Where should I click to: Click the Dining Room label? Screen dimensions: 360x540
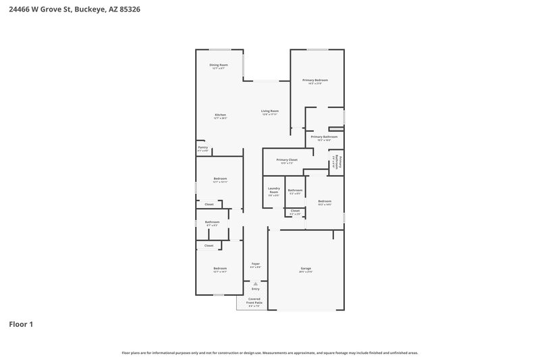pyautogui.click(x=219, y=66)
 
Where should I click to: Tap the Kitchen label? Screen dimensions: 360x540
pyautogui.click(x=220, y=115)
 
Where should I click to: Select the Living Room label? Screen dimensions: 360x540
pyautogui.click(x=270, y=111)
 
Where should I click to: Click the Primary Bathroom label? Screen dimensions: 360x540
pyautogui.click(x=324, y=137)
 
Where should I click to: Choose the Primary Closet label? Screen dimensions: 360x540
pyautogui.click(x=286, y=160)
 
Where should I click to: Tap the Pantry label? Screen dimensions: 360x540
pyautogui.click(x=202, y=147)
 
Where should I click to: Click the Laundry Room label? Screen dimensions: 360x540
pyautogui.click(x=273, y=190)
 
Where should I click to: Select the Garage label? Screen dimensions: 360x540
pyautogui.click(x=306, y=269)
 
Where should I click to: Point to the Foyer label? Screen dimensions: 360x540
pyautogui.click(x=255, y=264)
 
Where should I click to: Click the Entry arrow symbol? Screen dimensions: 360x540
pyautogui.click(x=255, y=284)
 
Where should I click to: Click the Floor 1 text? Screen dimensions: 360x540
pyautogui.click(x=21, y=324)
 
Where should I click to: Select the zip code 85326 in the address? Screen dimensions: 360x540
pyautogui.click(x=131, y=10)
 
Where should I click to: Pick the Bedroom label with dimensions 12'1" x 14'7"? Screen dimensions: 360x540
pyautogui.click(x=219, y=269)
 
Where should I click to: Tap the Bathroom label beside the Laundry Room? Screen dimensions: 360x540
pyautogui.click(x=295, y=190)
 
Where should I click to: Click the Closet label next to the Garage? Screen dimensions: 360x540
pyautogui.click(x=295, y=211)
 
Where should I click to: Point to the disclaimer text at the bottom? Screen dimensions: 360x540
pyautogui.click(x=269, y=353)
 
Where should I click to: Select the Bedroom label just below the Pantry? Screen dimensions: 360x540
pyautogui.click(x=219, y=179)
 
